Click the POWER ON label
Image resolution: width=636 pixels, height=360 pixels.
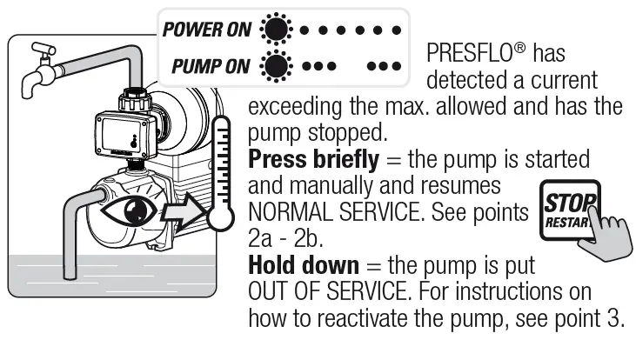coord(206,30)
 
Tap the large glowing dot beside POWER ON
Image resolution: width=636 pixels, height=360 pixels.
coord(277,31)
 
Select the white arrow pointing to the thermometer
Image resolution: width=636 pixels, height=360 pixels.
coord(186,210)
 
